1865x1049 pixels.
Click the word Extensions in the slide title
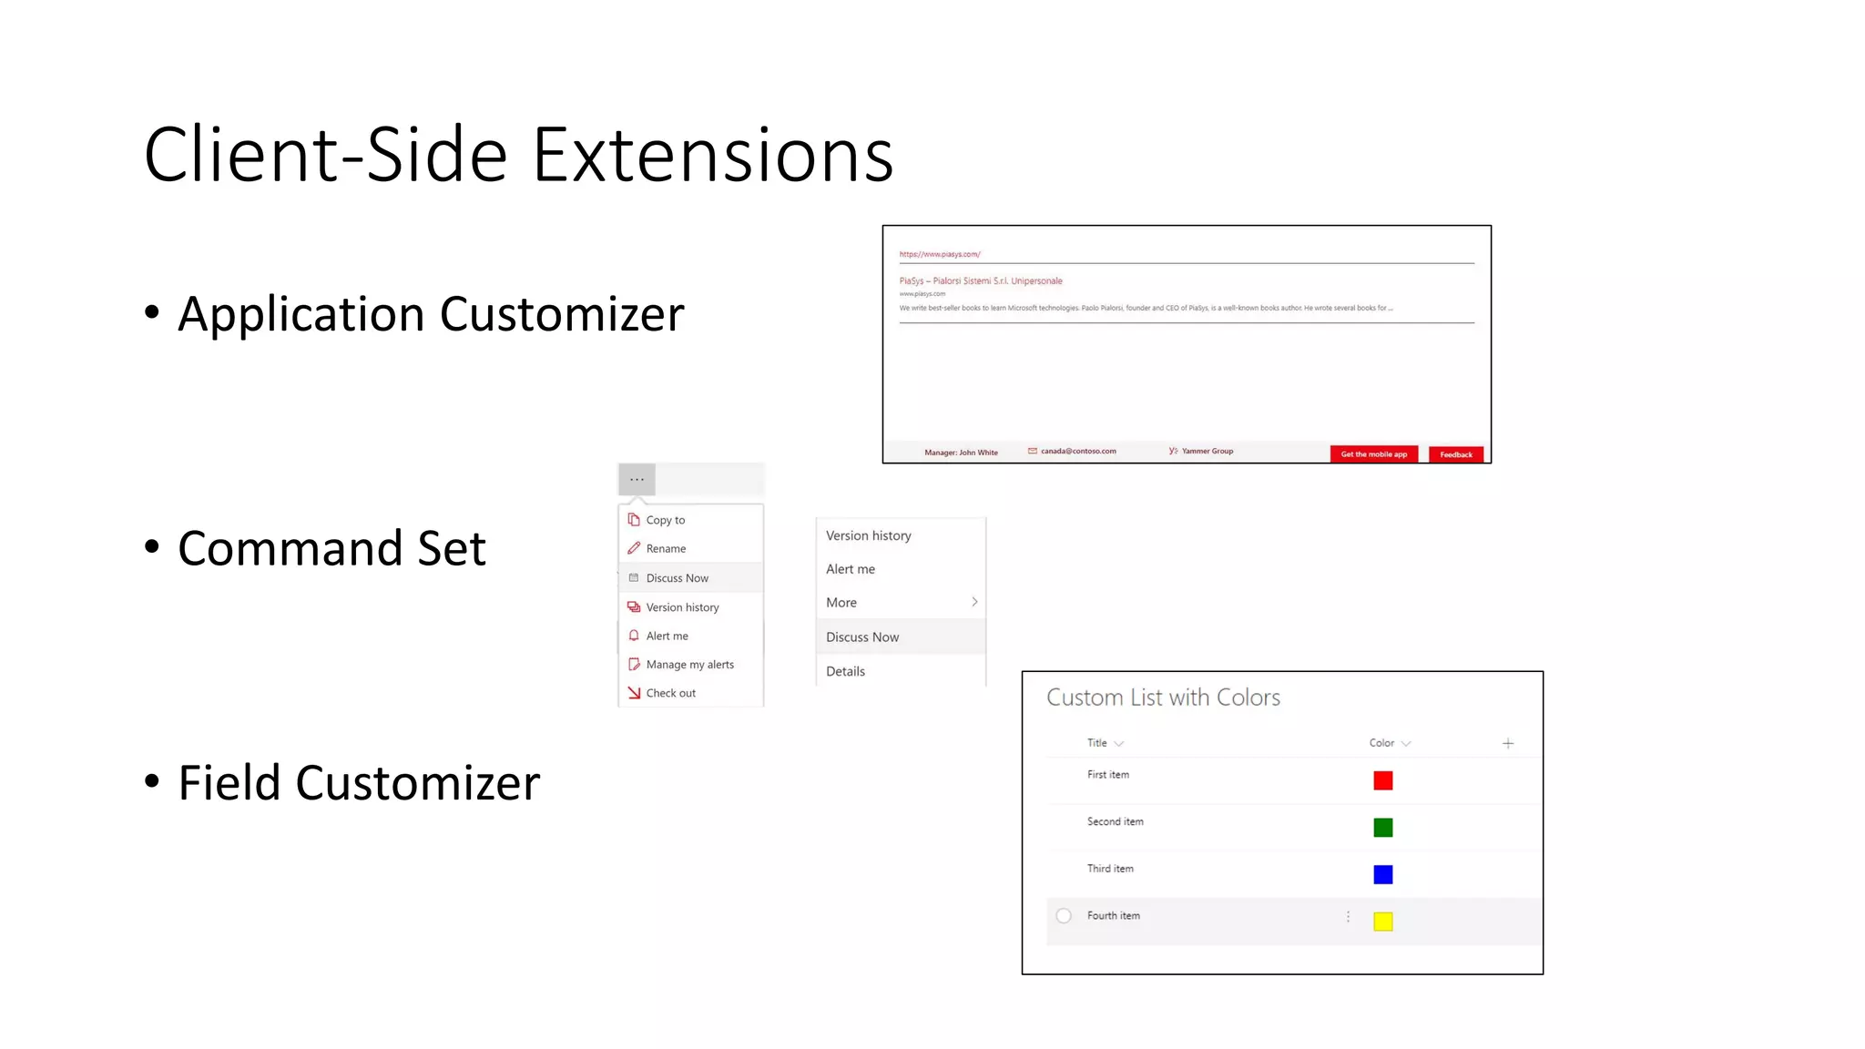point(712,155)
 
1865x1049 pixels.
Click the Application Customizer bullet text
point(431,314)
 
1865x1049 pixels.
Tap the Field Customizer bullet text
point(359,783)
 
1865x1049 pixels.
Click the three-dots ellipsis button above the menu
point(637,479)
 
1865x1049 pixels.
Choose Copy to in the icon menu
point(665,520)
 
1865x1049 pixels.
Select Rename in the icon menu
point(666,548)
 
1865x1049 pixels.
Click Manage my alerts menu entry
point(689,665)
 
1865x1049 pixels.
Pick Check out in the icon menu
point(670,693)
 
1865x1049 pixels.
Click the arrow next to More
point(974,602)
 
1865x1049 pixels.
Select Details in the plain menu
point(845,671)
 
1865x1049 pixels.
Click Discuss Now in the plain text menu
point(861,637)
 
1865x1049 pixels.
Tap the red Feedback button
point(1455,454)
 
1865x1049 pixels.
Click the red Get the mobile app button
point(1373,454)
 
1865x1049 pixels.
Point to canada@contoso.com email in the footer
point(1077,451)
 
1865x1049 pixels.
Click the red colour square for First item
point(1382,780)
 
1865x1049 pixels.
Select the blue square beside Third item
point(1382,874)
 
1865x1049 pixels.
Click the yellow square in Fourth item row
point(1382,922)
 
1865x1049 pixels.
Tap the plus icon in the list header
point(1508,743)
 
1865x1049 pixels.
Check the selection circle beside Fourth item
point(1064,916)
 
